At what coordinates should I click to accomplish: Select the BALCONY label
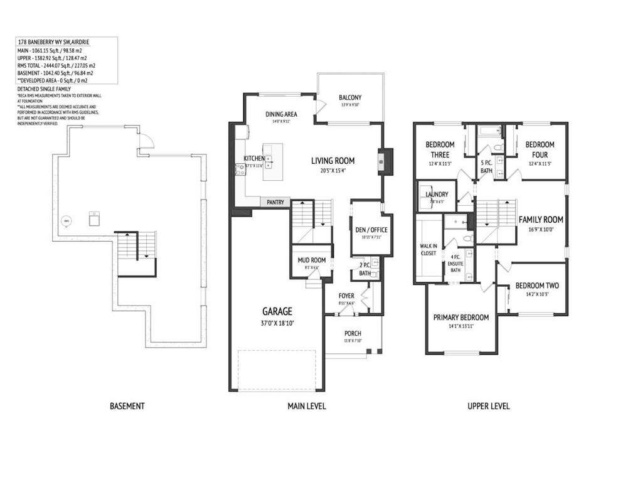click(350, 97)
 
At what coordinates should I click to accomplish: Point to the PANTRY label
click(275, 202)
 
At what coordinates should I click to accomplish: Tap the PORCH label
click(353, 333)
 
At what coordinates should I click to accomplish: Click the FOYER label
click(346, 296)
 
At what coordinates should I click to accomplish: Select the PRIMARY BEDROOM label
click(461, 317)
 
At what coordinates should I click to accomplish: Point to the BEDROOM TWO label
click(536, 286)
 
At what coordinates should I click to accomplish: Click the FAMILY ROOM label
click(540, 220)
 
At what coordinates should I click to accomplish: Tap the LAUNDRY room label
click(437, 195)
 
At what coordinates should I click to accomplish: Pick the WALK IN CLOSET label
click(429, 250)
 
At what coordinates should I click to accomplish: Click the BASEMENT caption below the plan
click(127, 406)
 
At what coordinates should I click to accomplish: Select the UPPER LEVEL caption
click(488, 406)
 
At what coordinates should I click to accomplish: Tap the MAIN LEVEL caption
click(306, 406)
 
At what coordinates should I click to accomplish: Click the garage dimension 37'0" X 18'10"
click(277, 323)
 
